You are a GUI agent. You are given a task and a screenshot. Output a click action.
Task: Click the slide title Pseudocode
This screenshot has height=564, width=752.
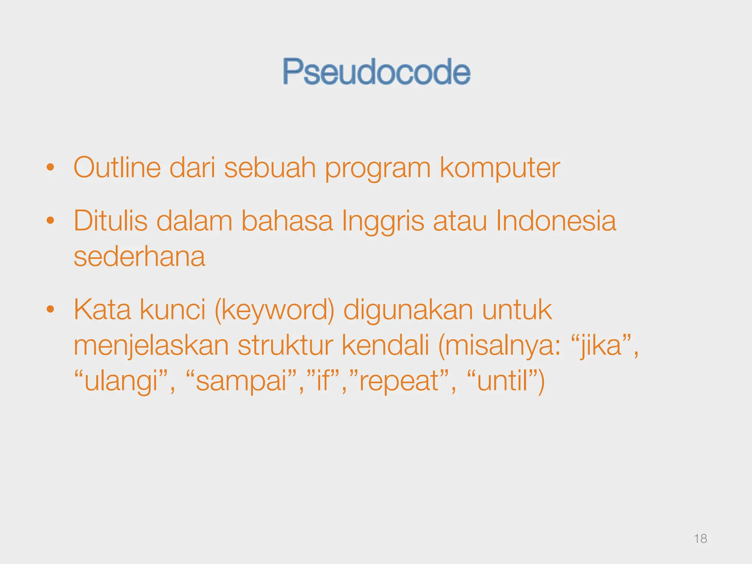click(376, 72)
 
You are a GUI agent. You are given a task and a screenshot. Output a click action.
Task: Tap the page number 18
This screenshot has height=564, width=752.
click(700, 539)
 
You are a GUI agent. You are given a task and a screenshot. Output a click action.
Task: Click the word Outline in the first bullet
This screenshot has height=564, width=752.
click(117, 168)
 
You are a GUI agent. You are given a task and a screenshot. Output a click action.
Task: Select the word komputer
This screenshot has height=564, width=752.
click(500, 168)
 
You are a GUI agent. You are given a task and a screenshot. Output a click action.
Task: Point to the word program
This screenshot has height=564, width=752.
click(378, 169)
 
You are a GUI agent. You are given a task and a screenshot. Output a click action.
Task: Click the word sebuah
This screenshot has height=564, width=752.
click(270, 168)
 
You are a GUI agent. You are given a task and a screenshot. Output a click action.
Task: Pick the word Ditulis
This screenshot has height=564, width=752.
click(110, 221)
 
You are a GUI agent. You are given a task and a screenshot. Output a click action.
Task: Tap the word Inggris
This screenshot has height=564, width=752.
click(383, 222)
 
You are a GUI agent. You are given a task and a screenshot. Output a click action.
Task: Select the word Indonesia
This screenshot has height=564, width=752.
click(556, 221)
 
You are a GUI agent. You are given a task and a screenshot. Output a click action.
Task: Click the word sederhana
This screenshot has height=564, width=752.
click(139, 257)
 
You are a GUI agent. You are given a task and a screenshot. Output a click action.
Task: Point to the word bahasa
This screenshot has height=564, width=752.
click(287, 221)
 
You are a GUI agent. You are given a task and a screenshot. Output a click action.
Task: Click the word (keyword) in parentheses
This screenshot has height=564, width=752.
click(275, 311)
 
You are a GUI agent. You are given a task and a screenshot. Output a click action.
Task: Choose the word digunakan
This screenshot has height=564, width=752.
click(408, 311)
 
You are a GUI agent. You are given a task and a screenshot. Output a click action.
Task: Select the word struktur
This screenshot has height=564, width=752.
click(285, 346)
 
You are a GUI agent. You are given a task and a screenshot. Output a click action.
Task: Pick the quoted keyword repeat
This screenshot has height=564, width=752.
click(399, 382)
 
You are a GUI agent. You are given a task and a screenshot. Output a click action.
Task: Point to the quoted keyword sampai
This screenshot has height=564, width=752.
click(241, 382)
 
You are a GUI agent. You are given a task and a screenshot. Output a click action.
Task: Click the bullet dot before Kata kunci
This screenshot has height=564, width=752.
click(50, 310)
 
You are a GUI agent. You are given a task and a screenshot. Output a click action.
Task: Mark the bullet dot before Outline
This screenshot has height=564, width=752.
click(50, 168)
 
